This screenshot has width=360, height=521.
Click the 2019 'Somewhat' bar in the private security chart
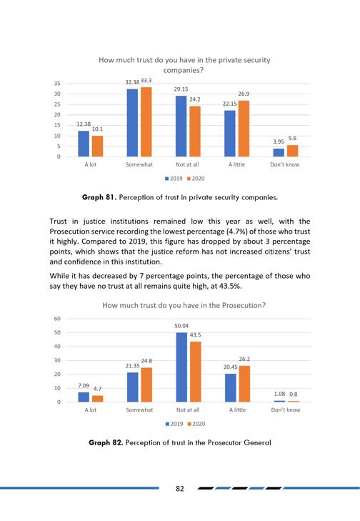(132, 123)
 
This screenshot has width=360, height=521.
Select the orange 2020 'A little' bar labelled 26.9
(244, 129)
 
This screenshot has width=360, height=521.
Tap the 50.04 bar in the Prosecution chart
(181, 367)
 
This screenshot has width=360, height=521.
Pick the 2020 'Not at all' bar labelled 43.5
(196, 372)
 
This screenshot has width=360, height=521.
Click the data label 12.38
(84, 124)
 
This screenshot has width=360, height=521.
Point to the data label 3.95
(279, 142)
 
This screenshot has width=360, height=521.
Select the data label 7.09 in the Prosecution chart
(84, 385)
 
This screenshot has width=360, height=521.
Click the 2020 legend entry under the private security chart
(196, 179)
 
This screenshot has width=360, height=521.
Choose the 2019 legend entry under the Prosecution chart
(174, 424)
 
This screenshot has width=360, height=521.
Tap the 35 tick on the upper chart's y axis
(57, 84)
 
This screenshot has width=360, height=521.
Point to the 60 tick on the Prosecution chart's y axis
(57, 319)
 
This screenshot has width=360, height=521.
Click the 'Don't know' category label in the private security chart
(284, 164)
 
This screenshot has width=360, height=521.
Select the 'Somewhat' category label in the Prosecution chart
(139, 410)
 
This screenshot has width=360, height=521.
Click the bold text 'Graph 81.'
(99, 197)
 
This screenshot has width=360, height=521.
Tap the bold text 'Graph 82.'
(106, 442)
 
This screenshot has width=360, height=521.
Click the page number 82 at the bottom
(180, 488)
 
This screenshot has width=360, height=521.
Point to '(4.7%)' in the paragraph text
(238, 232)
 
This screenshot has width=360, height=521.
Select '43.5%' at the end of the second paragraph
(230, 286)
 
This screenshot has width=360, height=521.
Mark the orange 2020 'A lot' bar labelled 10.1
(97, 147)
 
